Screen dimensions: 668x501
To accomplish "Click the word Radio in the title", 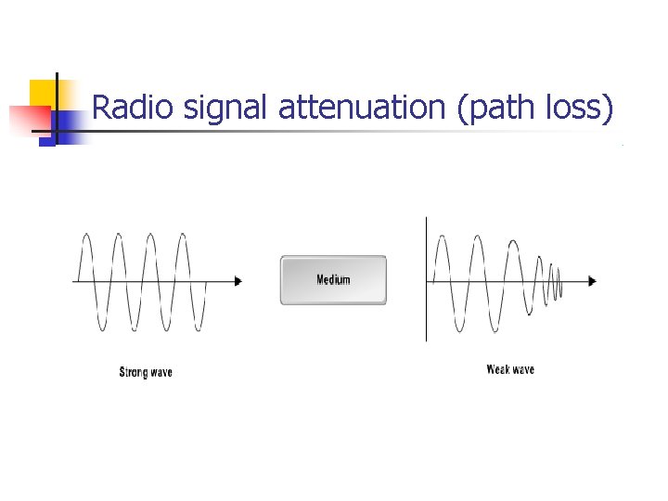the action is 135,109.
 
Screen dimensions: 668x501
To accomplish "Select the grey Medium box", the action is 333,279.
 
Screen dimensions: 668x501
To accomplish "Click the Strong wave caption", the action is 146,373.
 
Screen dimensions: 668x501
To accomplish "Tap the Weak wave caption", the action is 510,369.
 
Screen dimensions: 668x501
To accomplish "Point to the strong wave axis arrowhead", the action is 238,280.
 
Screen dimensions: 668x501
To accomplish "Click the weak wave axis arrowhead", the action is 592,280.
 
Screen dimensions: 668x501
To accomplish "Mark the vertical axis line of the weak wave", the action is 426,278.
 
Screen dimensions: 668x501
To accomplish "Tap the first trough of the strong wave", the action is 101,327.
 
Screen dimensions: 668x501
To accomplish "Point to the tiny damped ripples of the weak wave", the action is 555,281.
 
